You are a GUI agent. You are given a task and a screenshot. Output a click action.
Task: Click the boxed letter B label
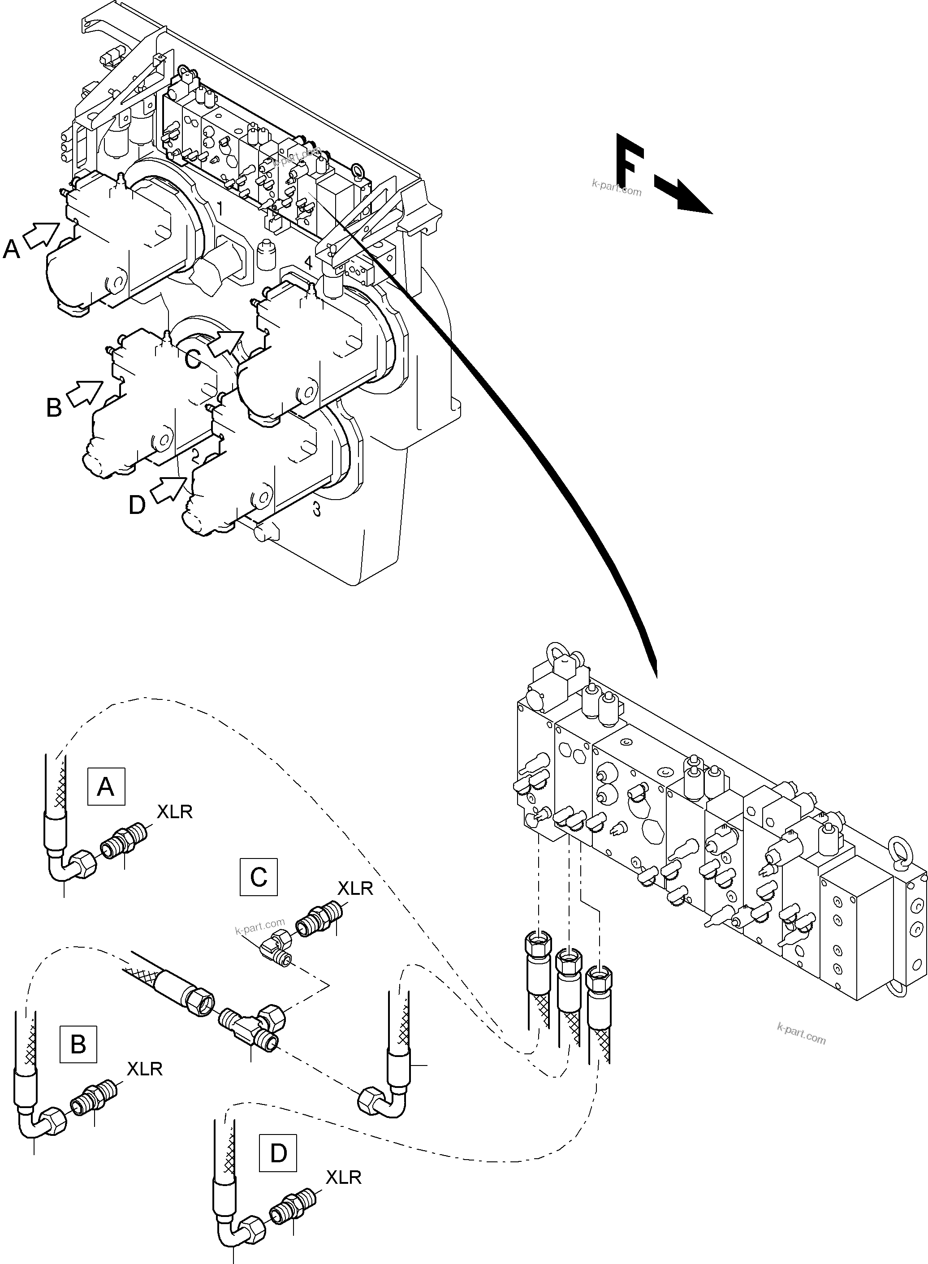pyautogui.click(x=78, y=1044)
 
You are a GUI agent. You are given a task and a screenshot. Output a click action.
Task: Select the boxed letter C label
pyautogui.click(x=259, y=876)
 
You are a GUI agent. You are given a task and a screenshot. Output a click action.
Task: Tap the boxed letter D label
pyautogui.click(x=278, y=1153)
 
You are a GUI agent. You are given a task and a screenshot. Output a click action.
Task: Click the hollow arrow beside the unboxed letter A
pyautogui.click(x=42, y=235)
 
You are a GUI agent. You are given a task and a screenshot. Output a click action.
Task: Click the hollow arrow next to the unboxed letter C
pyautogui.click(x=226, y=343)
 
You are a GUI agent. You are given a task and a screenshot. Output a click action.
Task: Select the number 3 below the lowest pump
pyautogui.click(x=317, y=509)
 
